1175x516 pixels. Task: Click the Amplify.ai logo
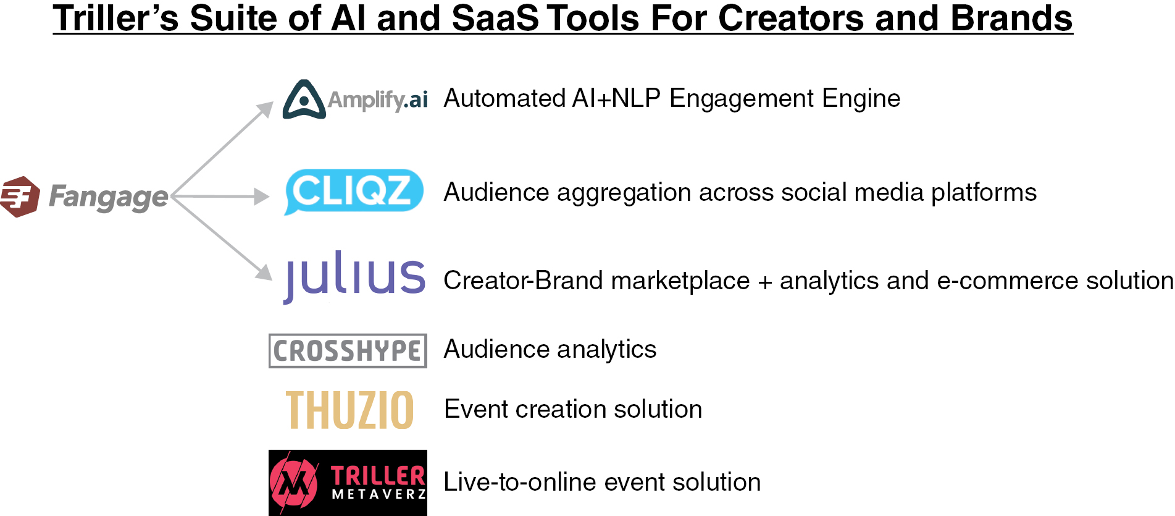pos(355,99)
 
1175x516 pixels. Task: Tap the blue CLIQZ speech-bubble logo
pos(354,192)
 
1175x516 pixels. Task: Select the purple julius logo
pos(354,277)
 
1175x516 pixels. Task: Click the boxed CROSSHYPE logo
pos(348,351)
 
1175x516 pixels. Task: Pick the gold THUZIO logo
pos(349,410)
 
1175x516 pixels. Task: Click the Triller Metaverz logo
pos(348,483)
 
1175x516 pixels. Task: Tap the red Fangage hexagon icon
pos(20,197)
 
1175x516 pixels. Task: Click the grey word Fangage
pos(108,198)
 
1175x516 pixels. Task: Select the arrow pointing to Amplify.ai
pos(223,148)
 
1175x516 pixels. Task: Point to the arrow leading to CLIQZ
pos(220,197)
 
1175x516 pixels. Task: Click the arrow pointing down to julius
pos(222,238)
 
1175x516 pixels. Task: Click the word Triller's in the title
pos(115,19)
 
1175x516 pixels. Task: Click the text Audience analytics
pos(550,350)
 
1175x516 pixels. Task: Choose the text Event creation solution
pos(573,409)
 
